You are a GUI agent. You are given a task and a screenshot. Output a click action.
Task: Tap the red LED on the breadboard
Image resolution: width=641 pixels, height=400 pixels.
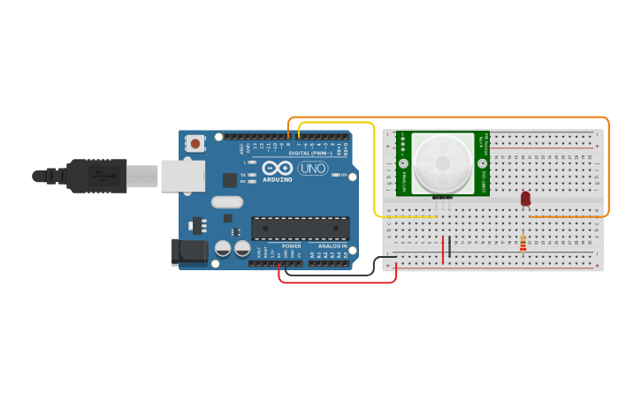click(525, 199)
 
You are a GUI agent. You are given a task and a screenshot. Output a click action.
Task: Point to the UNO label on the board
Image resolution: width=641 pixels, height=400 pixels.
click(312, 169)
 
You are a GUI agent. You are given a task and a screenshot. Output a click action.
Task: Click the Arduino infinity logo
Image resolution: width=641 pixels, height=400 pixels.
click(277, 168)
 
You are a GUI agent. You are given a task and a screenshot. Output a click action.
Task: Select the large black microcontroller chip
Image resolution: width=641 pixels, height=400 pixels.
click(300, 229)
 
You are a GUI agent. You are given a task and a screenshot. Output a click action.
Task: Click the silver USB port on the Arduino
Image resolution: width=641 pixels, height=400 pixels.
click(182, 177)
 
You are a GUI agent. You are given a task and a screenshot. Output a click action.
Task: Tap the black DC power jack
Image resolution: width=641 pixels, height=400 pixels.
click(189, 252)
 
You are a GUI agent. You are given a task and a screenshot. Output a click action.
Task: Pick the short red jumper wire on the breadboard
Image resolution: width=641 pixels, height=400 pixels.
click(443, 249)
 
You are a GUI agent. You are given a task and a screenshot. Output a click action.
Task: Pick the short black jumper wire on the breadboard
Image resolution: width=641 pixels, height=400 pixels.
click(449, 246)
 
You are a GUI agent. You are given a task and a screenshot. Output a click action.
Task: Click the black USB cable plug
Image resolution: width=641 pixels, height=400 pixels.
click(97, 177)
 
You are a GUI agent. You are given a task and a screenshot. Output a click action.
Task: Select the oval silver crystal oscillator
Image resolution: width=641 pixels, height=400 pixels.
click(227, 201)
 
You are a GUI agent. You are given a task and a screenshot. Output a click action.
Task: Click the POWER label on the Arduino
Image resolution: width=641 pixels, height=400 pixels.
click(292, 246)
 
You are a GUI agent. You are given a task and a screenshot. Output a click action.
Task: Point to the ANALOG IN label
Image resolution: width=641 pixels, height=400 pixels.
click(332, 246)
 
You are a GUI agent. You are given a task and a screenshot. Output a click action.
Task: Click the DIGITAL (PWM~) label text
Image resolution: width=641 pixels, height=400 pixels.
click(306, 153)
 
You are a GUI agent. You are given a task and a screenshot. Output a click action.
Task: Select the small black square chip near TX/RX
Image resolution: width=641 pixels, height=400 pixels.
click(230, 180)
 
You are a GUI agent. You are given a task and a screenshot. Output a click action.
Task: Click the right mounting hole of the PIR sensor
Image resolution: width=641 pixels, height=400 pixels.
click(481, 163)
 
